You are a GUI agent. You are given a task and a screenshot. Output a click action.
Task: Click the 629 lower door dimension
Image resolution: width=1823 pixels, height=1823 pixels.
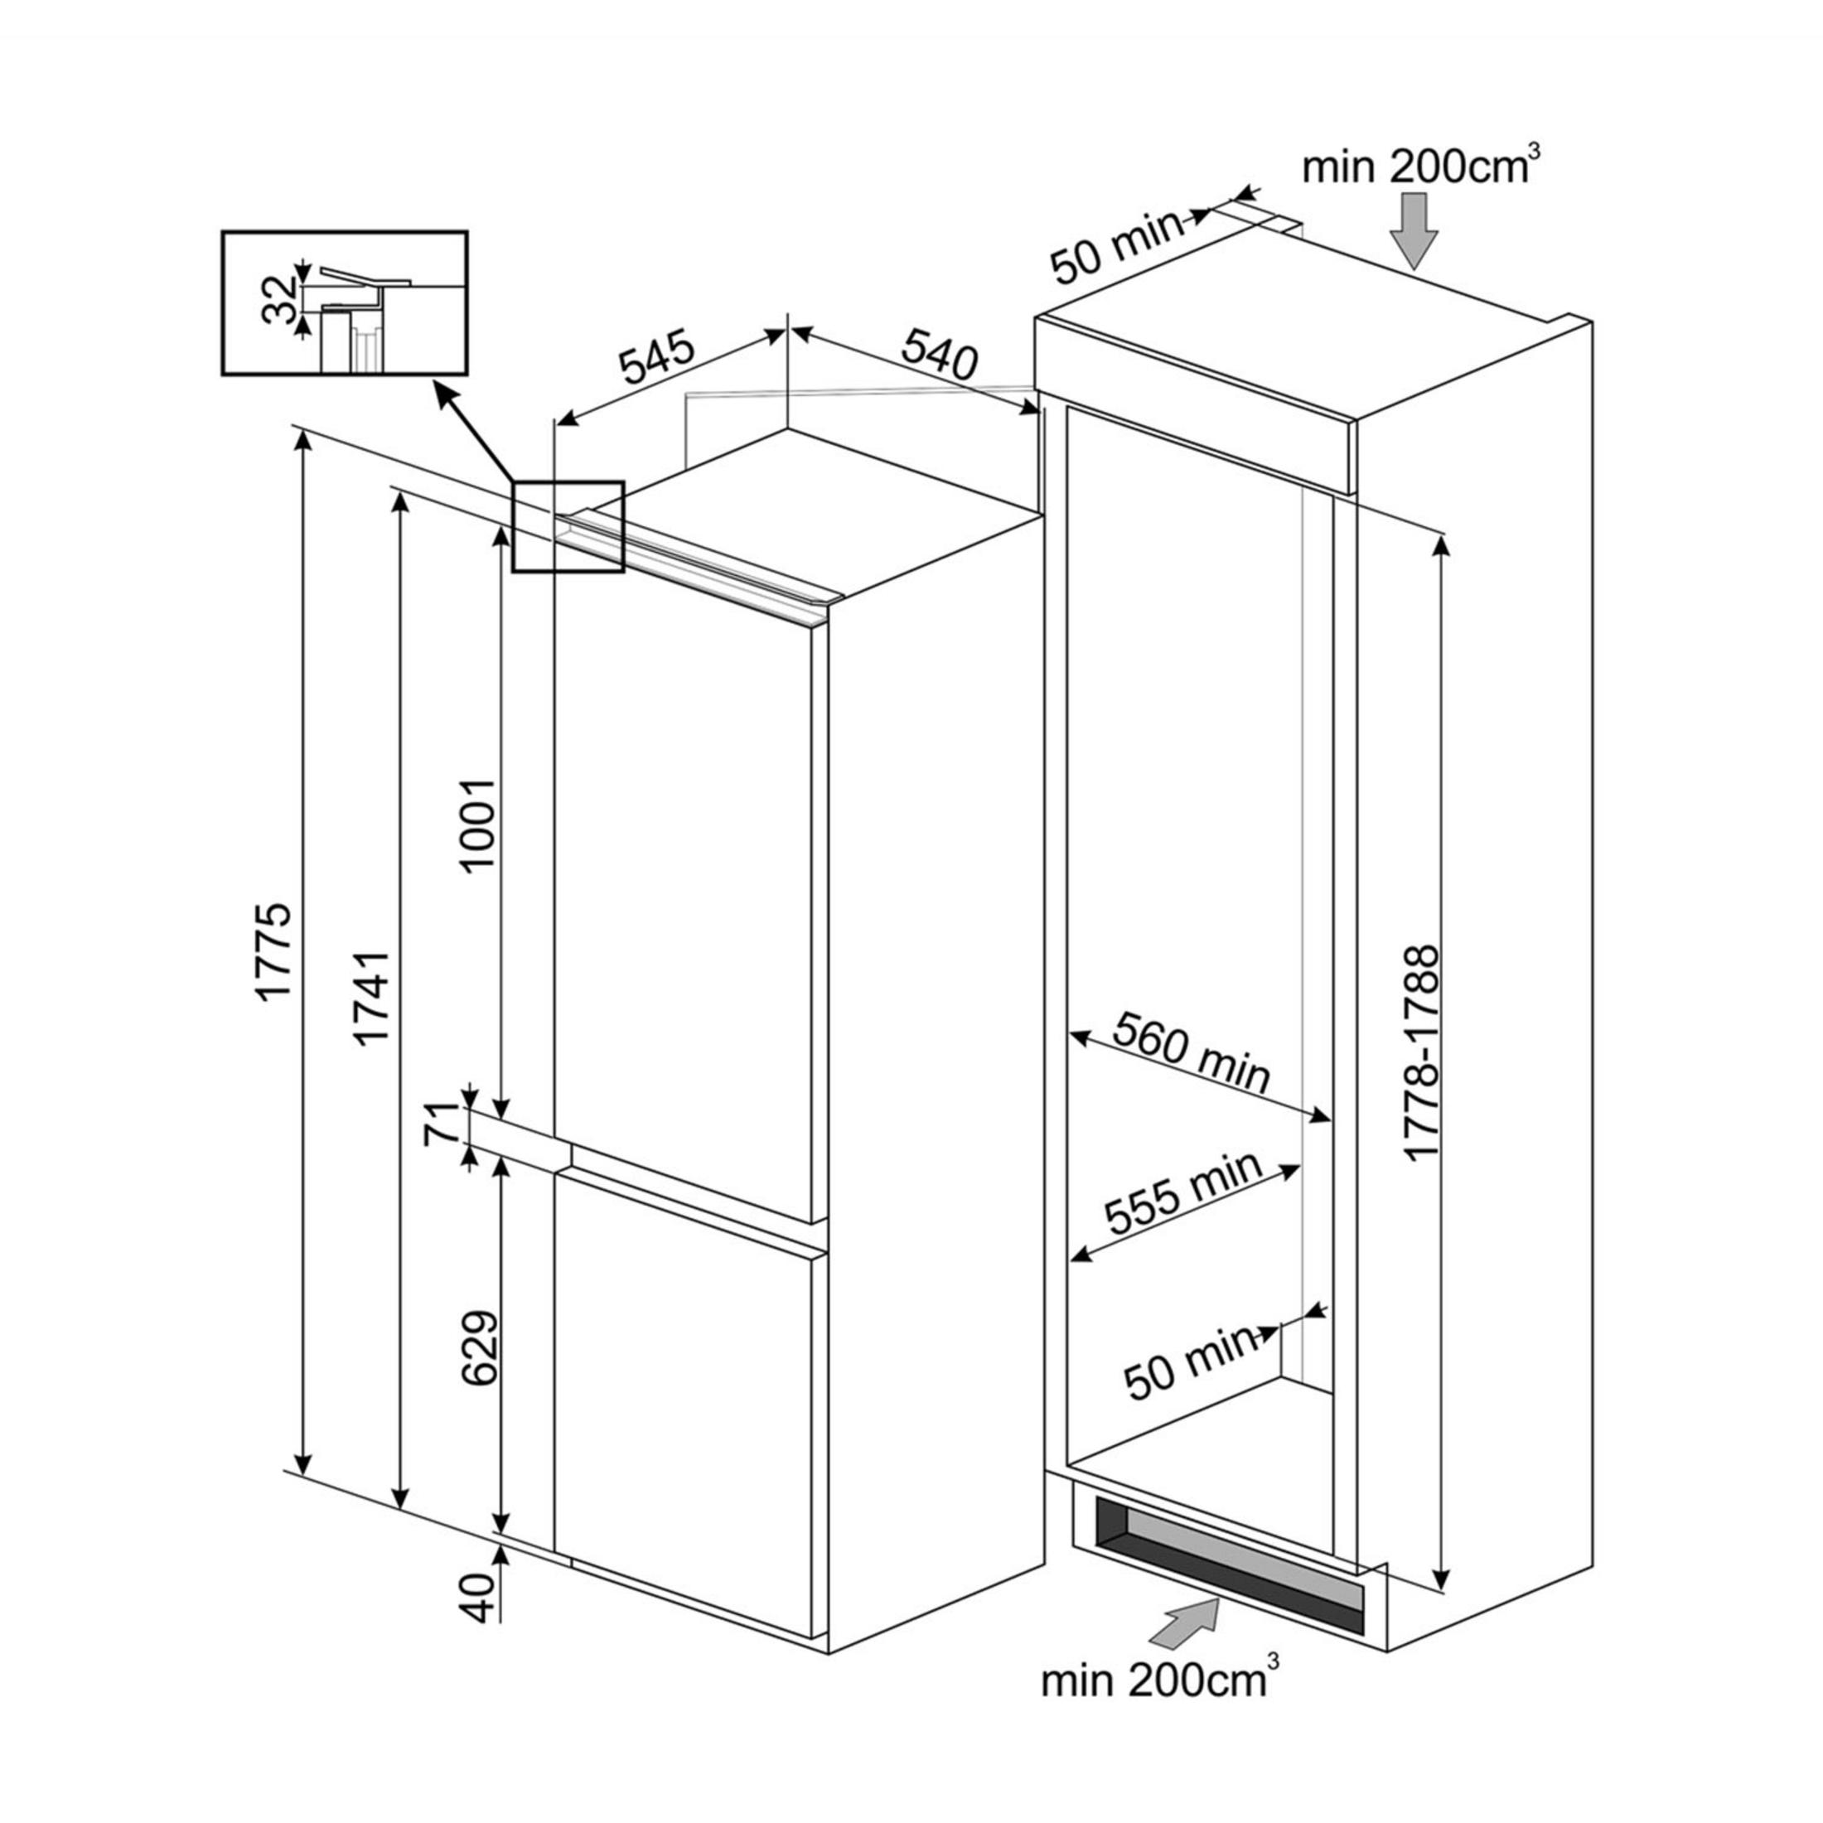(478, 1347)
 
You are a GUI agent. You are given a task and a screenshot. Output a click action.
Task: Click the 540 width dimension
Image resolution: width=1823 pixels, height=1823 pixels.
(937, 354)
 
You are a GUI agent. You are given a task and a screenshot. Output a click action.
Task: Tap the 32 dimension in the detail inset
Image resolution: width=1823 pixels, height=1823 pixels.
(280, 299)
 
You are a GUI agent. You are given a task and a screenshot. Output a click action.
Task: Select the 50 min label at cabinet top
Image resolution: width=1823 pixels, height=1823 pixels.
(1115, 246)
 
